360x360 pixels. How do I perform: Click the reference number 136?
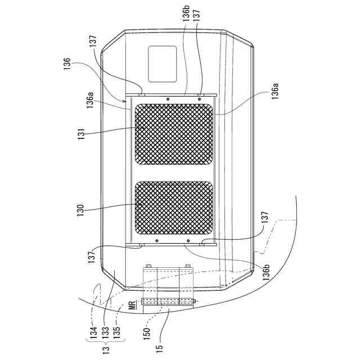point(67,64)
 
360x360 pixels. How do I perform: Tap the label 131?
point(81,133)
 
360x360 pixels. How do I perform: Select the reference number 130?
point(81,210)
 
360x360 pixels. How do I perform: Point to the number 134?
point(93,332)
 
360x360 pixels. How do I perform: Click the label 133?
point(106,332)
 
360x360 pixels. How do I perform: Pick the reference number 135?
point(116,332)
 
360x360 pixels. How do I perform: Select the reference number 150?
point(147,333)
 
